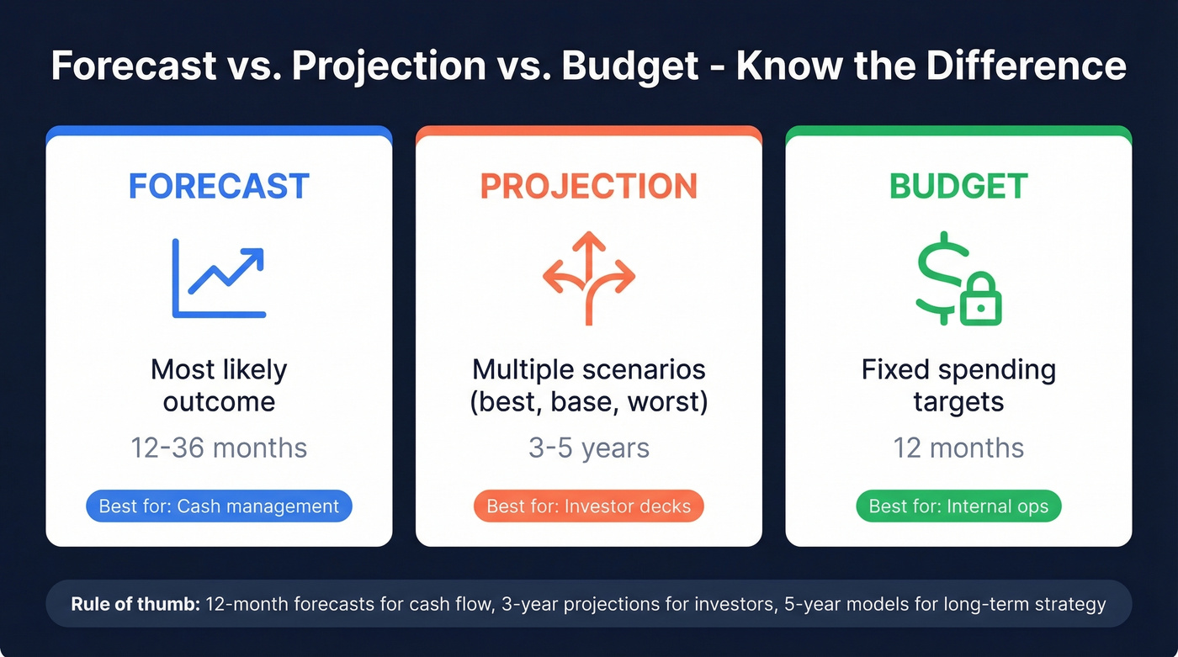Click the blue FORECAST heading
coord(219,186)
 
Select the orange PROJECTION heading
coord(588,186)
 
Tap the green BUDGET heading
coord(958,186)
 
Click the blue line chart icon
coord(219,278)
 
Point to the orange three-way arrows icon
coord(588,278)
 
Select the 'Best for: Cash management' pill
coord(219,506)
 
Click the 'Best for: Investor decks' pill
coord(588,506)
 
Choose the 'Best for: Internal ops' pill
coord(958,506)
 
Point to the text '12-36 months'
coord(219,448)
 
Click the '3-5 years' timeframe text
coord(588,448)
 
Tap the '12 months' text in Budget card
coord(958,448)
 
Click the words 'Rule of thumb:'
coord(132,604)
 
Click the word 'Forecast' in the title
coord(134,66)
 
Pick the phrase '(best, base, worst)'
coord(588,401)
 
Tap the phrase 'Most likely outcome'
coord(219,385)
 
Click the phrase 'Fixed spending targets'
coord(958,385)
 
